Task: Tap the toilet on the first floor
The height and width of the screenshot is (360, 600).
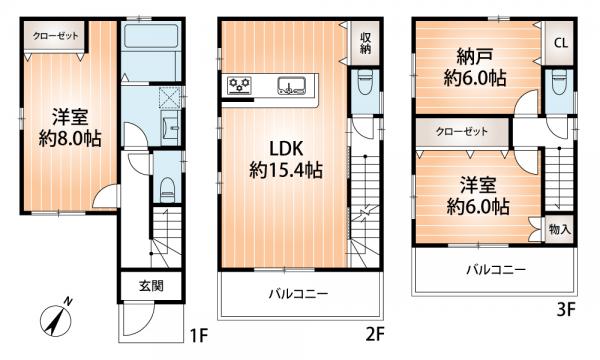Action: pos(167,185)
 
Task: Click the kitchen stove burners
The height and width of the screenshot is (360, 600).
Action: pos(241,85)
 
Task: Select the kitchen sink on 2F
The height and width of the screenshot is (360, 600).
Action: pos(293,85)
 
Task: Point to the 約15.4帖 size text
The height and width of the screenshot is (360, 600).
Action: pos(285,171)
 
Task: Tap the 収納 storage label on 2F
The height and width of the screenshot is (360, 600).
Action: pos(366,43)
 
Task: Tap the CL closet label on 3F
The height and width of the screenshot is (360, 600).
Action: pos(560,45)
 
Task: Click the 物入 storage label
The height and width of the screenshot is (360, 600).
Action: pos(559,229)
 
